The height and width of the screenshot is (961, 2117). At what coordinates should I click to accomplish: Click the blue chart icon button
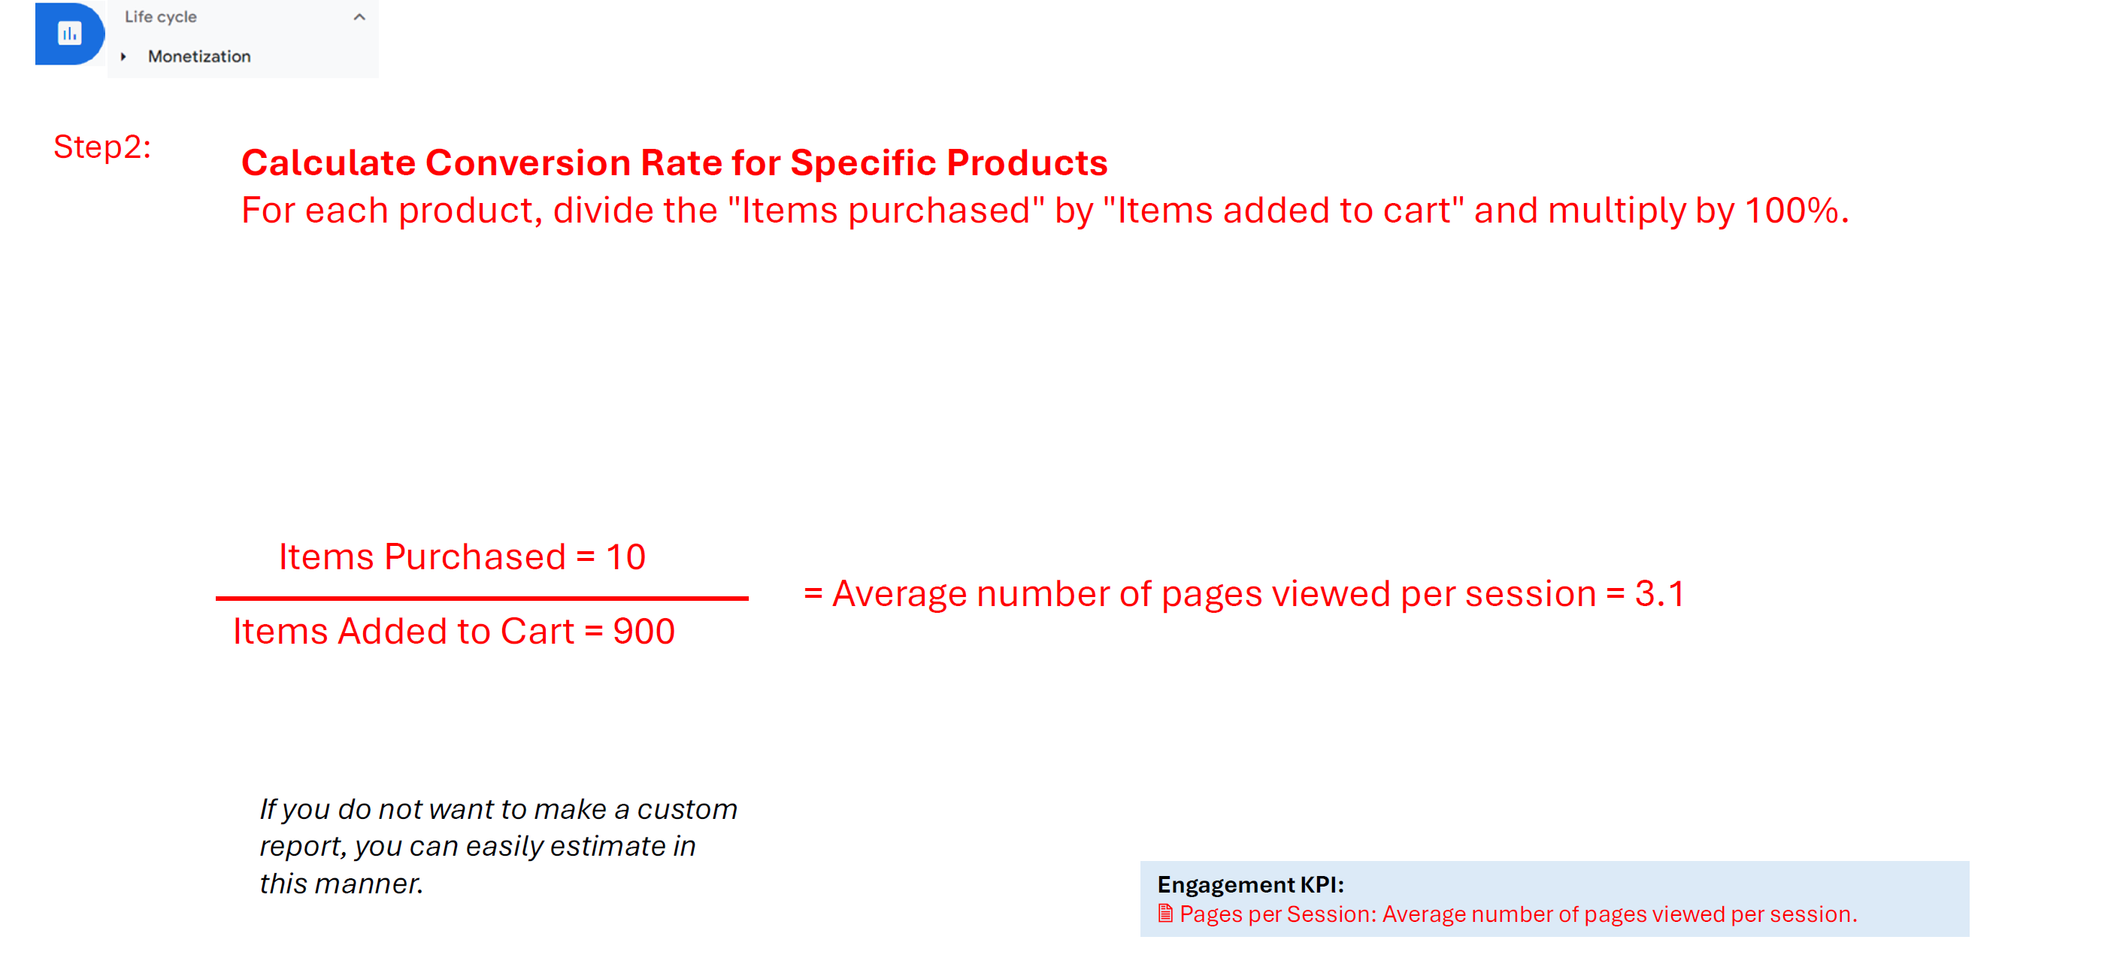(x=70, y=34)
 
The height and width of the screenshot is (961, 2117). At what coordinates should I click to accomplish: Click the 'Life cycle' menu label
(x=160, y=17)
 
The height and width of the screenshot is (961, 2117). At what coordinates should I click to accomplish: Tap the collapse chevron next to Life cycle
(x=359, y=17)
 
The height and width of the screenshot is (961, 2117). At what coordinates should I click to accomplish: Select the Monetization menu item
(x=199, y=56)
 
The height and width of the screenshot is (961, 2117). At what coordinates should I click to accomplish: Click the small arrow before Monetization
(x=123, y=56)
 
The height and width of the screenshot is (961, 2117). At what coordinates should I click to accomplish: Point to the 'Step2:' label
(x=103, y=147)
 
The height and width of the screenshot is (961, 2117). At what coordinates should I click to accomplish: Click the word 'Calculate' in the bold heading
(x=329, y=162)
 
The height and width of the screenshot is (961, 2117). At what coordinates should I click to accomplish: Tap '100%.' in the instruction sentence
(x=1797, y=211)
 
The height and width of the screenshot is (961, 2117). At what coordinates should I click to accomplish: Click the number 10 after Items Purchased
(x=625, y=557)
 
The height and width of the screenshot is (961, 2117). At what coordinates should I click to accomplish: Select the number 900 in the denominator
(x=644, y=632)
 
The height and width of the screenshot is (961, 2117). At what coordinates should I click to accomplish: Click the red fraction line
(x=482, y=599)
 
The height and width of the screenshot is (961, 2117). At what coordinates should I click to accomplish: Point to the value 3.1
(x=1660, y=594)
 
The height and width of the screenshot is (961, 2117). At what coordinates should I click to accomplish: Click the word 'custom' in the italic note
(x=687, y=810)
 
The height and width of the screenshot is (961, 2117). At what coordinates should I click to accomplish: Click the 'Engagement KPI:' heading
(x=1250, y=884)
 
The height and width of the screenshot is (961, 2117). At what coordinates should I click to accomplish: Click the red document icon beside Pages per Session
(x=1165, y=914)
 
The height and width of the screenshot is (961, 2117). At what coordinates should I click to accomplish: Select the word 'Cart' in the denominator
(x=538, y=632)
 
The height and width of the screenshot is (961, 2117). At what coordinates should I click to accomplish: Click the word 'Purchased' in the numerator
(x=475, y=557)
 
